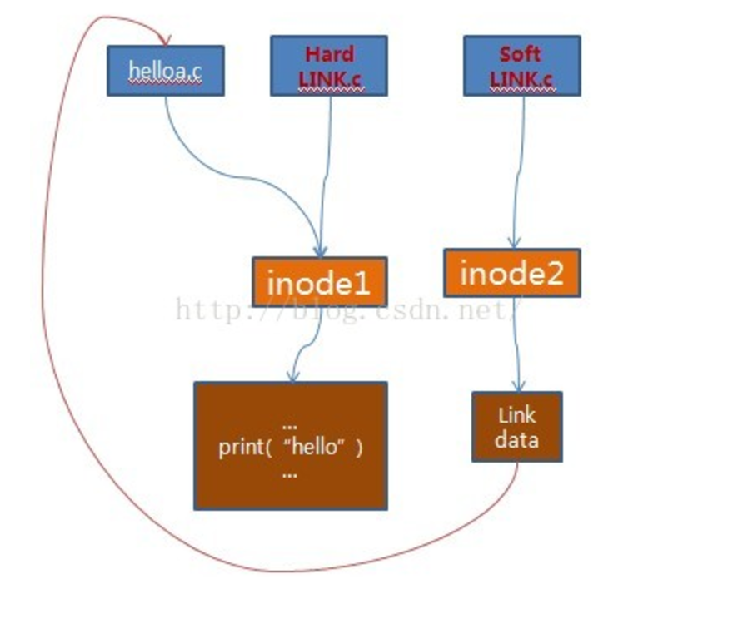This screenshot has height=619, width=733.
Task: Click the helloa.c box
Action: [166, 71]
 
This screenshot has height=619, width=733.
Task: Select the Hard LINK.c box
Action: [329, 66]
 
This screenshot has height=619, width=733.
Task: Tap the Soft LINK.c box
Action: [522, 66]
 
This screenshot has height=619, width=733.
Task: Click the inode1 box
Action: [320, 281]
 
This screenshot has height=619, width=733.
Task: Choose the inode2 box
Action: [512, 273]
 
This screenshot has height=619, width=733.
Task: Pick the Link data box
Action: [517, 427]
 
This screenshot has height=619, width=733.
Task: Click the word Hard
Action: [330, 54]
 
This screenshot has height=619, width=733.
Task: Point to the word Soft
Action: [521, 54]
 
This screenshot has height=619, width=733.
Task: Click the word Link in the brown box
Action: [517, 415]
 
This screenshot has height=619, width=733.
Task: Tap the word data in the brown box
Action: [517, 440]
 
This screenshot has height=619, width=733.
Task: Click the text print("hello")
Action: [291, 448]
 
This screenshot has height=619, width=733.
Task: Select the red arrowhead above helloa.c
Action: [165, 40]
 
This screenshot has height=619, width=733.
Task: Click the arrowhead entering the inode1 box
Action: [320, 250]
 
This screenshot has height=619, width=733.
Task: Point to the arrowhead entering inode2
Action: [514, 243]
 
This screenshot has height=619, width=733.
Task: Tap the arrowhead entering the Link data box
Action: [518, 385]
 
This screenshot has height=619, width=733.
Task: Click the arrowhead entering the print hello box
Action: [292, 376]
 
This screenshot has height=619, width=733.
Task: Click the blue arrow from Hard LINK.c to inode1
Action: [326, 176]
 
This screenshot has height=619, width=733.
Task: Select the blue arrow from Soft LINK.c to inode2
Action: [518, 173]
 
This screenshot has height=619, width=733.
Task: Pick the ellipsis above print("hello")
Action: [290, 426]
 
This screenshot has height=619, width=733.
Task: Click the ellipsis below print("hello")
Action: [290, 475]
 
